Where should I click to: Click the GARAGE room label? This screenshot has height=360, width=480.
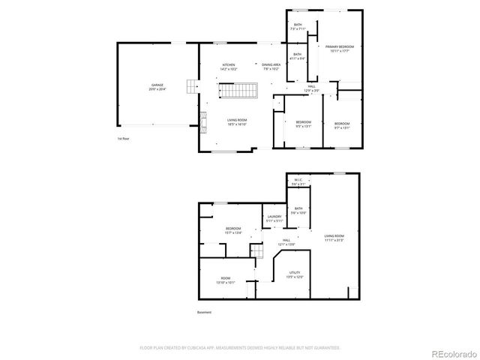point(157,87)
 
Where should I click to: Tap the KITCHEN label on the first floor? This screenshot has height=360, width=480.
point(228,67)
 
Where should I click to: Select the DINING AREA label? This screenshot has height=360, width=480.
point(271,67)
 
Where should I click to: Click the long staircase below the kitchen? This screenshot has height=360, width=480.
point(238,91)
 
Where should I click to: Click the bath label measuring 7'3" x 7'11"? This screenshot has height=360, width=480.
point(298,27)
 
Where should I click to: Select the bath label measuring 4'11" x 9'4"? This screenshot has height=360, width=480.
point(298,56)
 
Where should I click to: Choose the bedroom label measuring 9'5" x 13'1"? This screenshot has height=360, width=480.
point(303,124)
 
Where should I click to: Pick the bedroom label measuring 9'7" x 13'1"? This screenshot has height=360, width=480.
point(341,124)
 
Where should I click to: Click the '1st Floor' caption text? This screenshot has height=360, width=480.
point(124,139)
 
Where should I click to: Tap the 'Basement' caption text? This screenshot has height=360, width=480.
point(204,312)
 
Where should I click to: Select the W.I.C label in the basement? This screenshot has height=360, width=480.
point(298,181)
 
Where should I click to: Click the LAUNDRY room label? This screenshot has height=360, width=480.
point(274,219)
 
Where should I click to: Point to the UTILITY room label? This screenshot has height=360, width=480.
point(295,274)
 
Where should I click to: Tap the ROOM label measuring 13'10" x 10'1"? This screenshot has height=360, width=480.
point(226,282)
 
